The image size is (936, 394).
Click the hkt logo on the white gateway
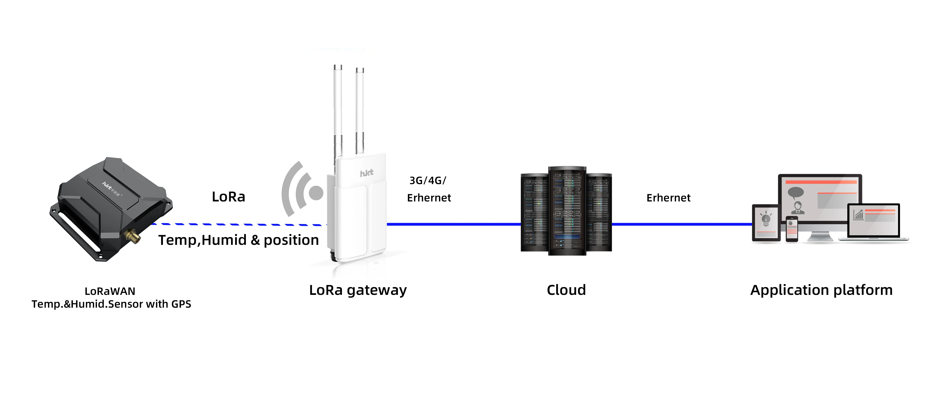pos(366,173)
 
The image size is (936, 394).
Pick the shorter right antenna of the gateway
pos(360,109)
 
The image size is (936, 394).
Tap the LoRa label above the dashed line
pos(229,197)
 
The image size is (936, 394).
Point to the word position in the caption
pos(291,240)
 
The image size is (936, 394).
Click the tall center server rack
pos(567,211)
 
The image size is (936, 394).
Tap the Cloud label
pos(566,290)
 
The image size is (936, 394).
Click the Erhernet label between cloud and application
pos(668,198)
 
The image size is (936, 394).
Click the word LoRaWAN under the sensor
pos(110,291)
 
